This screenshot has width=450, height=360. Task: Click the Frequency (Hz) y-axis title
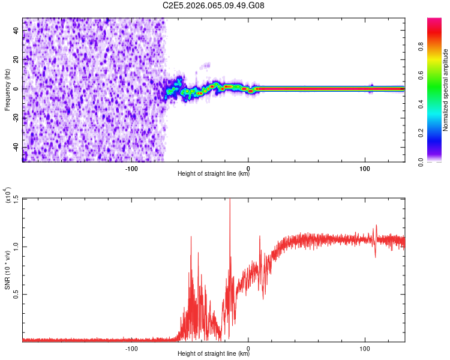click(x=7, y=89)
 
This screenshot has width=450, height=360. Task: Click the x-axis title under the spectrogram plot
click(x=214, y=175)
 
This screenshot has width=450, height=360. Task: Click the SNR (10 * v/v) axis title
click(x=7, y=269)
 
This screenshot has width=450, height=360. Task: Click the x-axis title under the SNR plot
click(x=214, y=355)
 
